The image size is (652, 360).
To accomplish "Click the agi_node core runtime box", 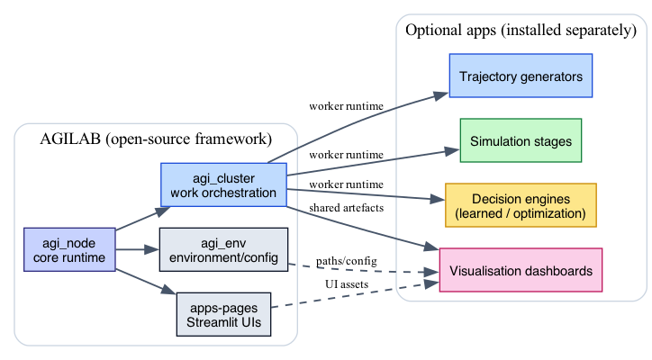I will (69, 249).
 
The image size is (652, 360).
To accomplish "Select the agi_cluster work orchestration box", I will (222, 184).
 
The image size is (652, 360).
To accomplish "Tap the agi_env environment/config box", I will (222, 249).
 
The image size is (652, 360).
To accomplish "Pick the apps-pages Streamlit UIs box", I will (222, 314).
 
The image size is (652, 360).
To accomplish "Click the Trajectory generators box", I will (521, 76).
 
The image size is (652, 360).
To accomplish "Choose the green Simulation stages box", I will (521, 141).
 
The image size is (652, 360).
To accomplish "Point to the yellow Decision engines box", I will (521, 206).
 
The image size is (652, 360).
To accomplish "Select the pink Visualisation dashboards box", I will (521, 270).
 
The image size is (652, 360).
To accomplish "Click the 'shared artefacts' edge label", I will (345, 209).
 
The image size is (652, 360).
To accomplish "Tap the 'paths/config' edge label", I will (346, 260).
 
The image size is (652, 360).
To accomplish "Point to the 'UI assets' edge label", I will (347, 284).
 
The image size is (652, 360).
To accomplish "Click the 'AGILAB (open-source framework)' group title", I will (156, 139).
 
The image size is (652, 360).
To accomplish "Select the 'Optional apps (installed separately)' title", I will (521, 31).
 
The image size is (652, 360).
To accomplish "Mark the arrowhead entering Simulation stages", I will (454, 151).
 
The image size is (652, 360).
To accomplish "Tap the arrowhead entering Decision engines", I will (439, 202).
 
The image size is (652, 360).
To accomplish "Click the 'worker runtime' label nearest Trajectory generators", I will (346, 106).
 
